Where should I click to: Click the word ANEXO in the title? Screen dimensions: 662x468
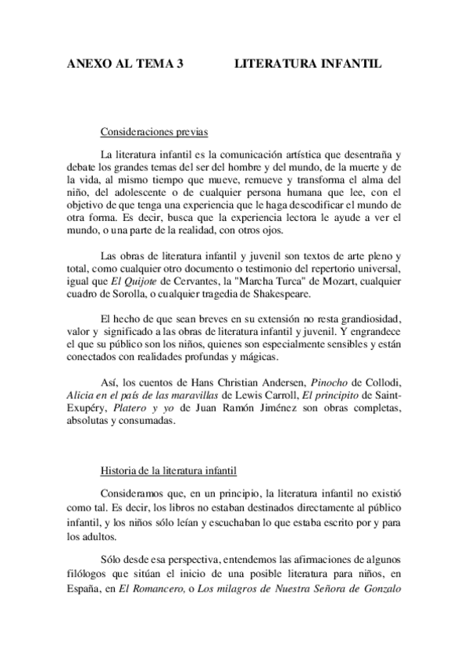click(85, 67)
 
